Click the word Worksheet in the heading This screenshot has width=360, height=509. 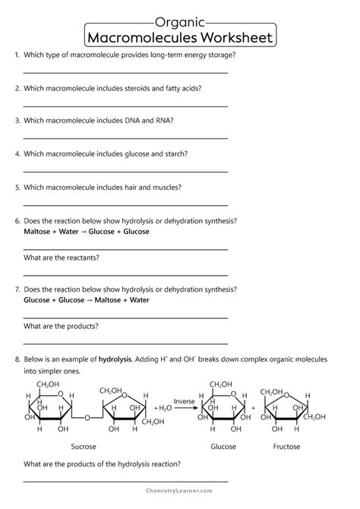click(x=229, y=37)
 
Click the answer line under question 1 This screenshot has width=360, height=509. click(x=125, y=73)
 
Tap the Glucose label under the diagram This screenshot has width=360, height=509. click(x=223, y=447)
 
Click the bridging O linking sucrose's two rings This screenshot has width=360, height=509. click(x=87, y=417)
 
